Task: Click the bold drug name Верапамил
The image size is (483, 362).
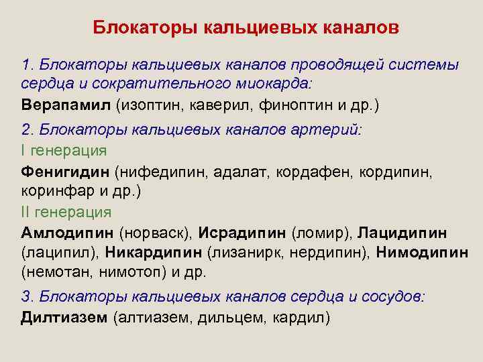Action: [x=65, y=106]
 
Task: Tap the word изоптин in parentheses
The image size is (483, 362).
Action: [x=148, y=106]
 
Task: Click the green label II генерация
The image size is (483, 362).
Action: [x=66, y=212]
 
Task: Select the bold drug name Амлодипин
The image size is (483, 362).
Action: [x=67, y=233]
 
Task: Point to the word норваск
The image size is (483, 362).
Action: [x=156, y=233]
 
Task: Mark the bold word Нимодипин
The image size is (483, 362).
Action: [x=422, y=253]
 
